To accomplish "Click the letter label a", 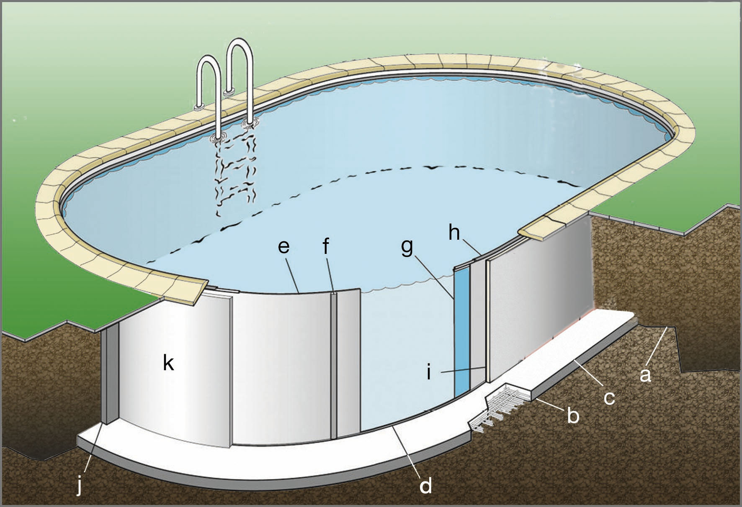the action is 645,375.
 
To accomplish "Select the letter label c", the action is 609,397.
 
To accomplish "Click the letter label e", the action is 283,246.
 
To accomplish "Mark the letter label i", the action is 429,371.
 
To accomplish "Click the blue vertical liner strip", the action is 462,332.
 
